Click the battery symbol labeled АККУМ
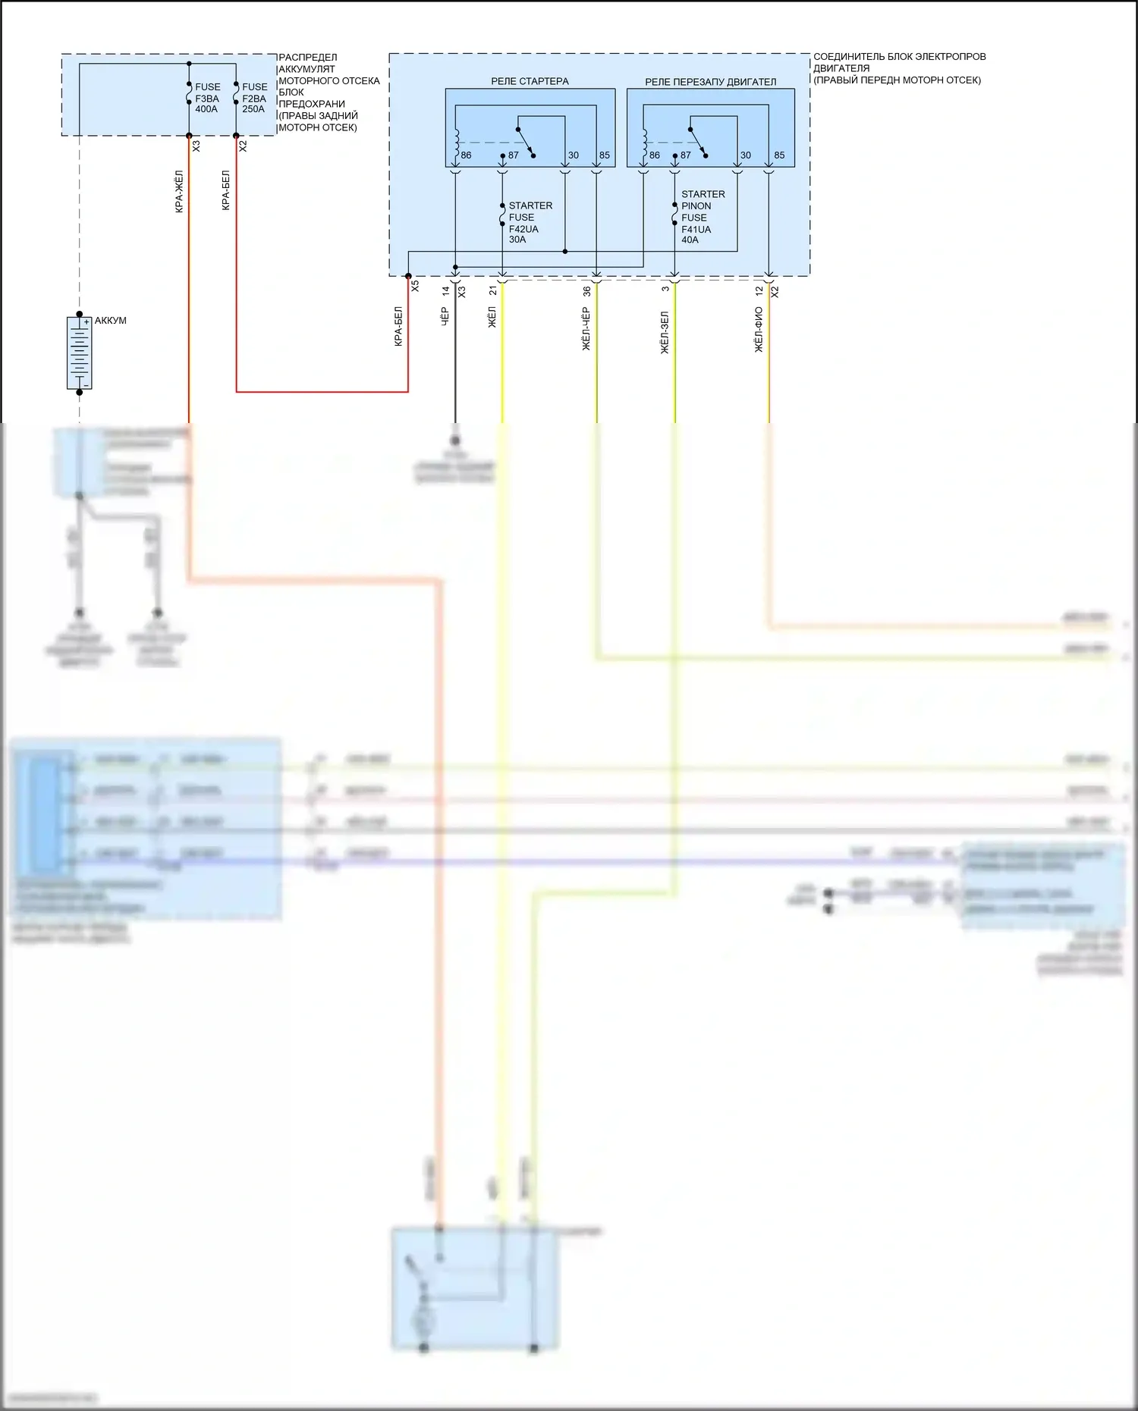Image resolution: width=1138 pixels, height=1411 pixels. click(80, 353)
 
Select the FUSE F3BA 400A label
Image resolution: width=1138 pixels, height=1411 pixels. click(207, 98)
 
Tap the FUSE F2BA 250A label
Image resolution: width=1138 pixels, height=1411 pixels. click(254, 98)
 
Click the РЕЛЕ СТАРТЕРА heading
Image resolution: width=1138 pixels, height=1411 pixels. click(530, 81)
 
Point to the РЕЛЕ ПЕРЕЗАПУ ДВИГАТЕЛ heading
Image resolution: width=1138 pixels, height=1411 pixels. click(710, 82)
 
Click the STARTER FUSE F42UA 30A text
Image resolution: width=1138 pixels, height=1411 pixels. click(530, 222)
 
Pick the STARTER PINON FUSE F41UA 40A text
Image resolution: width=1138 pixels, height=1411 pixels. click(702, 217)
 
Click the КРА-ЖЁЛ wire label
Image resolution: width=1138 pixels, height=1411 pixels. click(179, 191)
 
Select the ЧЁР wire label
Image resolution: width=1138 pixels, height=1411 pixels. click(445, 315)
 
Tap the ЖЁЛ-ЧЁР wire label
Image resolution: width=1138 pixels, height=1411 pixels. click(586, 328)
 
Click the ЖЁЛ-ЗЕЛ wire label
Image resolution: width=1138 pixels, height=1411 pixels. click(665, 332)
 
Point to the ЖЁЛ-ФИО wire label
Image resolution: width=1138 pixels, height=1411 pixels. click(759, 329)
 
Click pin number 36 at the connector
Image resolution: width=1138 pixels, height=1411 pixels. click(586, 291)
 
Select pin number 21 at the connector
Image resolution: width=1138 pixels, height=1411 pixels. click(493, 290)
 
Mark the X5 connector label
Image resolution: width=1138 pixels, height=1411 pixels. click(415, 287)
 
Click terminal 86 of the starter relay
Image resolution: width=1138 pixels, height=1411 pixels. click(466, 155)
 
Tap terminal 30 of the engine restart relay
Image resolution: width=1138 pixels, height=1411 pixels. click(745, 155)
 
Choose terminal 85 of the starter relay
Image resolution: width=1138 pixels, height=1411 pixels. click(604, 155)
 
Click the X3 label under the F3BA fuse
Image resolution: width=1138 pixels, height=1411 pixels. click(196, 146)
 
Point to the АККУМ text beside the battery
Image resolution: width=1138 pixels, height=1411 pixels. click(111, 321)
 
